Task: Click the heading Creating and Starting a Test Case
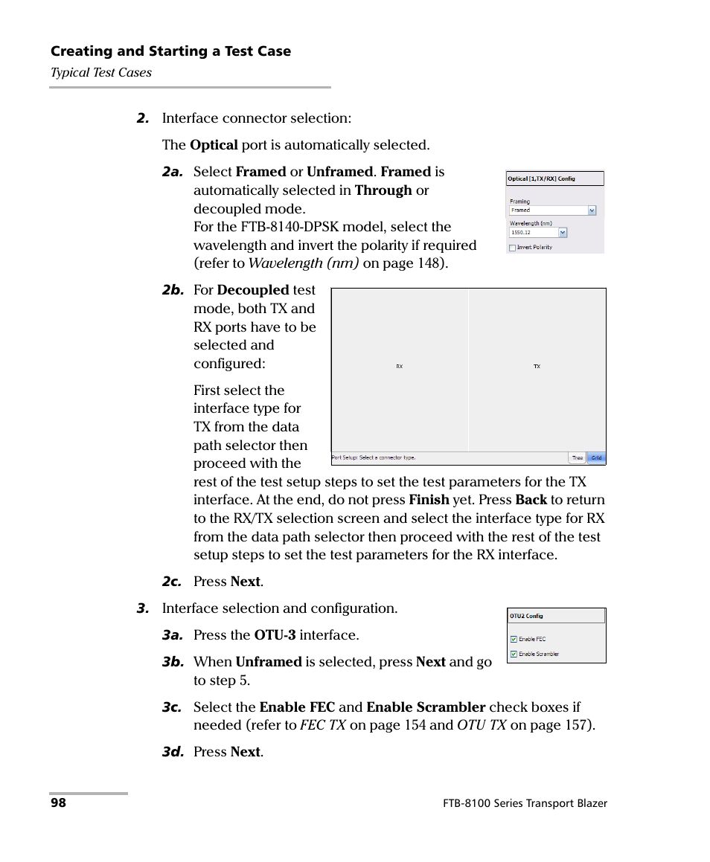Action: tap(170, 51)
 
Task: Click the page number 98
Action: tap(58, 803)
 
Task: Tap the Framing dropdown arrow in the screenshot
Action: tap(592, 210)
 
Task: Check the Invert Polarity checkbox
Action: tap(512, 248)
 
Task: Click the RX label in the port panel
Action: tap(399, 367)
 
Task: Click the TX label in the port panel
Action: tap(537, 367)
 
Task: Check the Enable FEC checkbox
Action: tap(514, 639)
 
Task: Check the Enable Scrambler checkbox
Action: tap(514, 654)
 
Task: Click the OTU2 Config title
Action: tap(526, 616)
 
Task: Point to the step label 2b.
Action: tap(173, 291)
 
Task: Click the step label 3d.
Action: tap(173, 752)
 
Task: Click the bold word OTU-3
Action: tap(275, 635)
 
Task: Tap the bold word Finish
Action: tap(429, 500)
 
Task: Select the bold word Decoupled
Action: tap(252, 290)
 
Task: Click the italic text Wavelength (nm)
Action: tap(304, 263)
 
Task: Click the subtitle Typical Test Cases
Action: tap(101, 72)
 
